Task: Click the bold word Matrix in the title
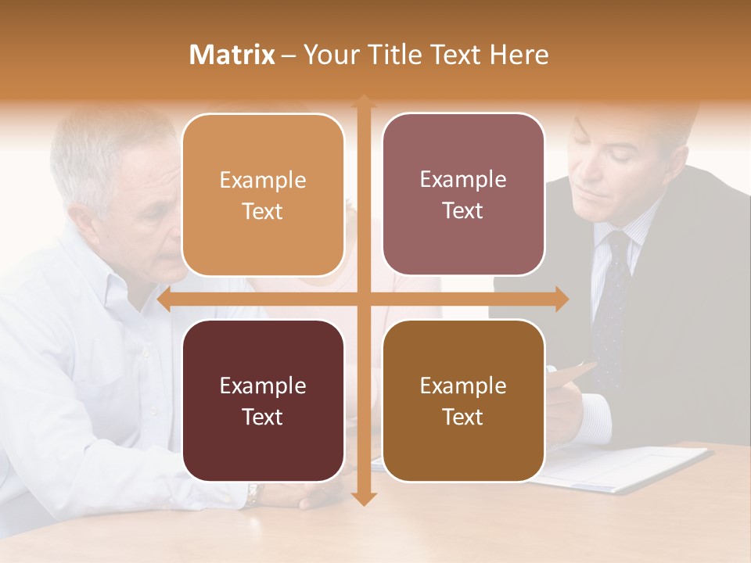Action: pyautogui.click(x=232, y=55)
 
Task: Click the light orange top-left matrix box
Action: pyautogui.click(x=263, y=195)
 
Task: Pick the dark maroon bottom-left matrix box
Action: pyautogui.click(x=263, y=400)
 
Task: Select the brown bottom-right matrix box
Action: pyautogui.click(x=463, y=400)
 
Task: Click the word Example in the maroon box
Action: pyautogui.click(x=263, y=385)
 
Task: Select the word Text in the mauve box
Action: pyautogui.click(x=463, y=210)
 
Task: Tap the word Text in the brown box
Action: pyautogui.click(x=463, y=417)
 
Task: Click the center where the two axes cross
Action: pyautogui.click(x=363, y=299)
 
